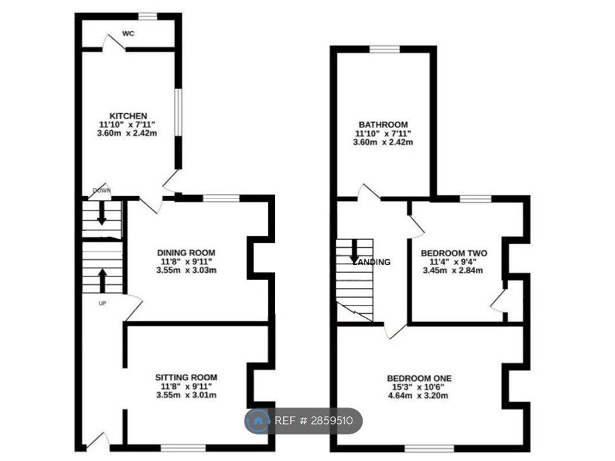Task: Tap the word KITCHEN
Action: coord(127,116)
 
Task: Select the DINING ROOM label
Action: coord(186,252)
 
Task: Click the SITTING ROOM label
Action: coord(186,377)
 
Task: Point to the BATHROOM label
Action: coord(383,124)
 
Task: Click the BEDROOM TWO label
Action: coord(454,254)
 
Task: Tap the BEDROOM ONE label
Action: coord(416,377)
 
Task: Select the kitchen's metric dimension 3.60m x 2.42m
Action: coord(127,133)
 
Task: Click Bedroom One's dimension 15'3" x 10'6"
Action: coord(416,386)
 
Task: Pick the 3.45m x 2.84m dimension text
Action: coord(453,270)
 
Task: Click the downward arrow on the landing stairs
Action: coord(354,251)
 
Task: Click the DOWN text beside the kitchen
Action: coord(101,191)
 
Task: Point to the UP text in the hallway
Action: coord(102,303)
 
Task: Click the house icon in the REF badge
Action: coord(259,421)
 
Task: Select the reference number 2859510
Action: coord(331,421)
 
